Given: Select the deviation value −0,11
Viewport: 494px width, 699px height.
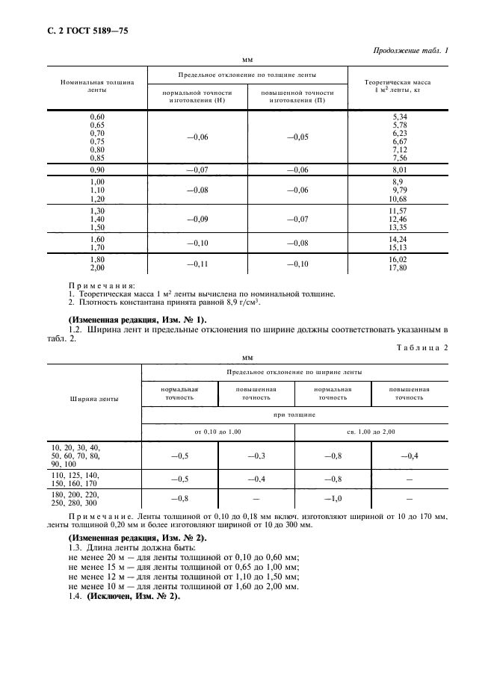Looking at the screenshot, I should (x=197, y=264).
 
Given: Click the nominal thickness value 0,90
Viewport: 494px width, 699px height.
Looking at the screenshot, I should (x=97, y=170).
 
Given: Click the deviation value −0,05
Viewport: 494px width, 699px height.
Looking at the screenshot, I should (x=297, y=137).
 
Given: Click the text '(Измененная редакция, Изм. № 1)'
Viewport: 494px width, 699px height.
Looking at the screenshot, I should (x=129, y=319).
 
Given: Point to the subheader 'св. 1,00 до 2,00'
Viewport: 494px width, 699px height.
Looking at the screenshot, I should (x=371, y=432).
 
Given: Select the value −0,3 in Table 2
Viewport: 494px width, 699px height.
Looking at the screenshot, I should (x=256, y=455).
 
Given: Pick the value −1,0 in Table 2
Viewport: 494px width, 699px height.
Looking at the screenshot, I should (x=333, y=498).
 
